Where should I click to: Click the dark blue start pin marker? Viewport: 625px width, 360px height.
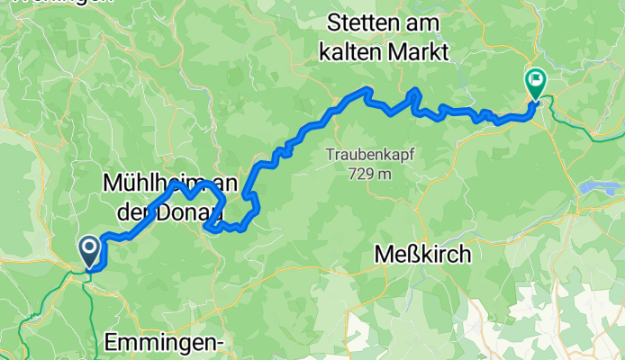click(x=90, y=251)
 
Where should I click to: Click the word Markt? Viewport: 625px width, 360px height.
click(x=420, y=51)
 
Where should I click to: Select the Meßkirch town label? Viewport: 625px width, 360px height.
click(x=421, y=255)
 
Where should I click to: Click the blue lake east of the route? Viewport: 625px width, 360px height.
click(x=599, y=187)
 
